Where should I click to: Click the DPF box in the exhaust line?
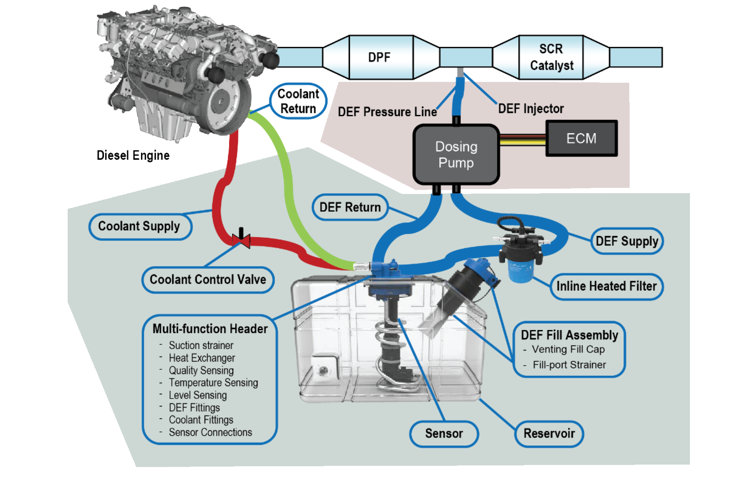click(x=380, y=57)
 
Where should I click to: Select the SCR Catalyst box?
click(x=551, y=57)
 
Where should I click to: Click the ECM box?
click(x=581, y=139)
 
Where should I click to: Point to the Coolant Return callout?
click(x=298, y=101)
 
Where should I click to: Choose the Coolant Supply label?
click(x=140, y=226)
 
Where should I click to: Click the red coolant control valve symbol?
click(x=241, y=240)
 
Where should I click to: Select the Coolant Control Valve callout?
click(x=208, y=280)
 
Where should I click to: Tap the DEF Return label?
click(x=350, y=207)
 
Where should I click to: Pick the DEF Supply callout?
click(x=627, y=241)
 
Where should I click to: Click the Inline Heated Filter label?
click(x=606, y=286)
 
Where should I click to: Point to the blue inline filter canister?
click(x=520, y=271)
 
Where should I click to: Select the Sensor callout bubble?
click(x=444, y=433)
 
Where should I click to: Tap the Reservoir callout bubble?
click(x=549, y=433)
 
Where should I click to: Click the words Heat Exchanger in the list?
click(x=202, y=358)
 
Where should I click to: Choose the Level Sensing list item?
click(x=198, y=395)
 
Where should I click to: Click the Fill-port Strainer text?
click(x=569, y=365)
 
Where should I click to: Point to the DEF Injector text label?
click(x=531, y=108)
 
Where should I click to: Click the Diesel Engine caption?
click(x=133, y=155)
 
